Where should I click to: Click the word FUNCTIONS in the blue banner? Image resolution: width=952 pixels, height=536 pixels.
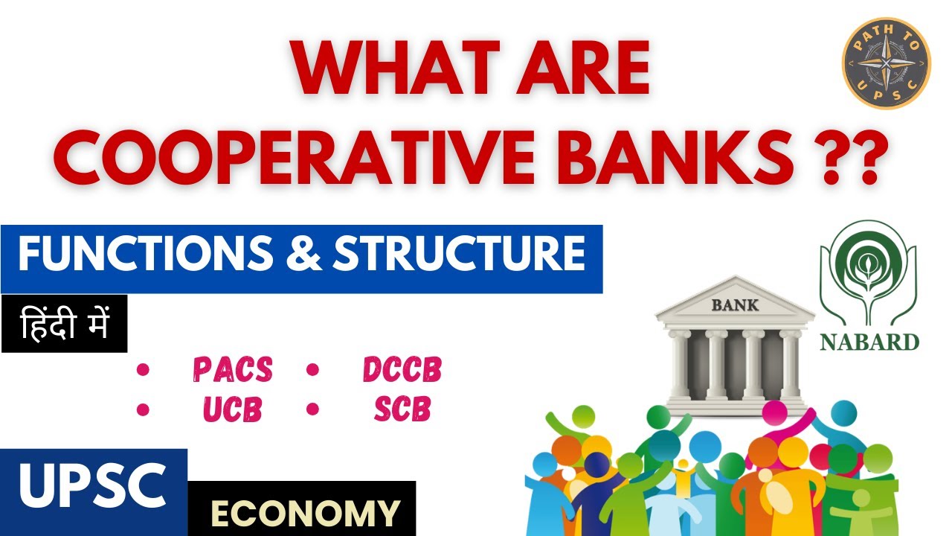(147, 255)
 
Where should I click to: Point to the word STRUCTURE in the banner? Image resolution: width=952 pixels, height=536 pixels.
(457, 255)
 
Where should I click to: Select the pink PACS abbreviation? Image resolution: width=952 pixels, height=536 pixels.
(232, 369)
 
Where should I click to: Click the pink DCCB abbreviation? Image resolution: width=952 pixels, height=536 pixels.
(402, 369)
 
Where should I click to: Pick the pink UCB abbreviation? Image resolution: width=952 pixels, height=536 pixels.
(232, 409)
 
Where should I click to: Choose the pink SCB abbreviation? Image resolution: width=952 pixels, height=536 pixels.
(402, 409)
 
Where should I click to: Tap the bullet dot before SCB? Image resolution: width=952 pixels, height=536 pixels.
(312, 409)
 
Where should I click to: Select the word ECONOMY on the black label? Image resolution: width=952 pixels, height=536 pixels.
(305, 512)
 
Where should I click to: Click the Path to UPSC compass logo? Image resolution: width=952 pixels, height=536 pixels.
(886, 63)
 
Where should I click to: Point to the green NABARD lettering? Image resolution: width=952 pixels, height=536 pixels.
(869, 342)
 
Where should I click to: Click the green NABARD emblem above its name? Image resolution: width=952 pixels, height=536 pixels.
(868, 272)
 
